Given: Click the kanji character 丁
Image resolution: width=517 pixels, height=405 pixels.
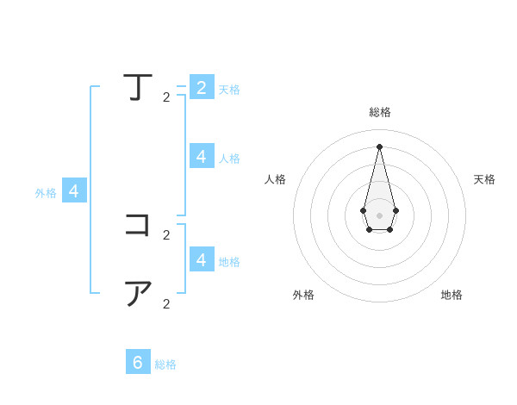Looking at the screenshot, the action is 138,87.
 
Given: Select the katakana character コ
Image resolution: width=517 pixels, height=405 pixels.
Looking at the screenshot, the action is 138,225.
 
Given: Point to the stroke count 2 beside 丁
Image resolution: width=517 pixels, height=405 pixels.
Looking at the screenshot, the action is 166,97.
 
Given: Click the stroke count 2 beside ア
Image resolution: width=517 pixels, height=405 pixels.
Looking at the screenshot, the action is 166,303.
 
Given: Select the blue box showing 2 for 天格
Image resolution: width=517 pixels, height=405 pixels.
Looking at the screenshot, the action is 201,87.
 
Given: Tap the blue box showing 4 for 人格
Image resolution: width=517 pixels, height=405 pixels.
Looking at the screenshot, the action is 201,156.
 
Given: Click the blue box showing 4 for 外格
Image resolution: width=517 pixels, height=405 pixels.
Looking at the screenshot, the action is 74,191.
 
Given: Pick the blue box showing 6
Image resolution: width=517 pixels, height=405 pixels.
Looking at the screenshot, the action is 138,362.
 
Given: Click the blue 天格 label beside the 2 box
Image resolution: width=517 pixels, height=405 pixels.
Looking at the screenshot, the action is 229,90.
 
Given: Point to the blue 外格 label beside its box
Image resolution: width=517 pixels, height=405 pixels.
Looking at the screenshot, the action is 46,193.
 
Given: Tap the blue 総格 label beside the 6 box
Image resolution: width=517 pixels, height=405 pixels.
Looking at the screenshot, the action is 165,364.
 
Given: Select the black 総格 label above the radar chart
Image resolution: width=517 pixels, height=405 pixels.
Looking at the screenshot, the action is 380,112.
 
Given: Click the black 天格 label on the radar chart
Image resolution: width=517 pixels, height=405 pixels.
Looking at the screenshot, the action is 484,179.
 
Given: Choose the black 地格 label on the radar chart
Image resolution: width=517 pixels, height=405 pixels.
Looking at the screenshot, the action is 452,295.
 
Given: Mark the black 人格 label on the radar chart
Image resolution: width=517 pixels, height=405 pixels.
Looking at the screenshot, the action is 276,179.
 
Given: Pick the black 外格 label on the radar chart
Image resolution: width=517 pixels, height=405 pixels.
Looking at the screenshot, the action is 303,295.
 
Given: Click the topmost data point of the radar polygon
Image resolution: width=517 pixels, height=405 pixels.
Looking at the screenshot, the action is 379,146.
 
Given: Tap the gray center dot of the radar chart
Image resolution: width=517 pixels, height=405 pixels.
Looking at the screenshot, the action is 379,215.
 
